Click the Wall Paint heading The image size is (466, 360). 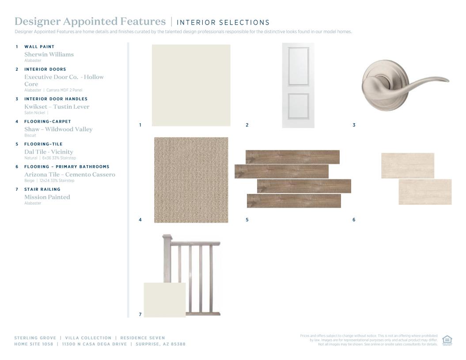39,47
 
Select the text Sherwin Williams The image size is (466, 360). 49,54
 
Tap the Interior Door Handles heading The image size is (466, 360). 56,99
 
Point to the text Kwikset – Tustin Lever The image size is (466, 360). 57,107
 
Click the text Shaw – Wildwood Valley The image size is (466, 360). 59,129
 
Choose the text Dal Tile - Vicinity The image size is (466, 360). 49,152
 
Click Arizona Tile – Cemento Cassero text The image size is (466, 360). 70,174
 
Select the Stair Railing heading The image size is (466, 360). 42,189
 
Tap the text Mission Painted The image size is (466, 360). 47,197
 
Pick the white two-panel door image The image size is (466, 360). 298,85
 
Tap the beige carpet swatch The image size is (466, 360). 191,180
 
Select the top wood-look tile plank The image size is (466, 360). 292,157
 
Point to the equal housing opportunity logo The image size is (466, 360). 447,341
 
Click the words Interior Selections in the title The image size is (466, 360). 223,23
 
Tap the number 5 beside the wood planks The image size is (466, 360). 247,220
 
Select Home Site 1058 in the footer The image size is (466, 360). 34,344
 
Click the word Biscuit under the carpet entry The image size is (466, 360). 30,135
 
